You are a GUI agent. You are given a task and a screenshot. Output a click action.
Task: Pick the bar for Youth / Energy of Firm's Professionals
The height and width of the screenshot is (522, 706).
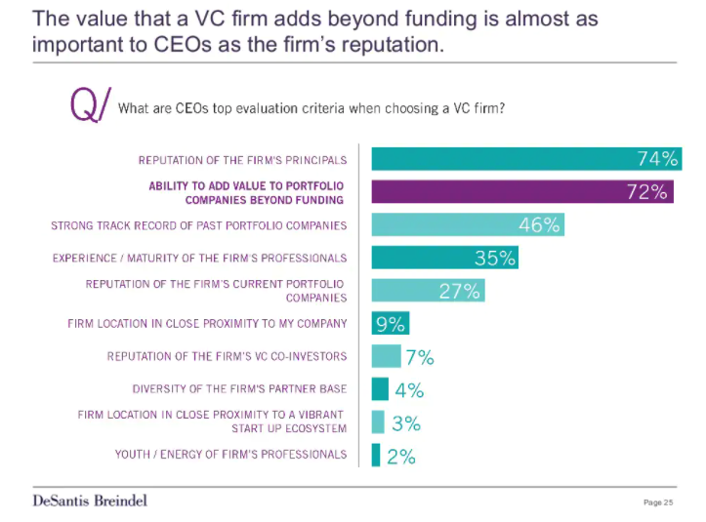tap(376, 455)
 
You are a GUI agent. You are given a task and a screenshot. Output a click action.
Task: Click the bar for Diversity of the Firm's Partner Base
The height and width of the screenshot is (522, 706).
tap(380, 389)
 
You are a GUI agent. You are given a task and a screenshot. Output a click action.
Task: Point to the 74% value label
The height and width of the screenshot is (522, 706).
tap(657, 159)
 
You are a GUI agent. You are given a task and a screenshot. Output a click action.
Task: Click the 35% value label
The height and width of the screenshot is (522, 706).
tap(495, 259)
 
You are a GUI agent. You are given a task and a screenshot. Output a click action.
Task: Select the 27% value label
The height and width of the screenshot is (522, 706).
tap(459, 291)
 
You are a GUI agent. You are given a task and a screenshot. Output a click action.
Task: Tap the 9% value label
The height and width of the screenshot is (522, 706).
tap(391, 324)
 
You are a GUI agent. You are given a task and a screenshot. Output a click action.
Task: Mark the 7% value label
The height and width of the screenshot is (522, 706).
tap(419, 357)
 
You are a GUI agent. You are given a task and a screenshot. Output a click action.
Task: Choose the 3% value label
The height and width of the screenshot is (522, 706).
tap(405, 423)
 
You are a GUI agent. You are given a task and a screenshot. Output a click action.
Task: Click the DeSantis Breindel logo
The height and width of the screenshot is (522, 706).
tap(90, 501)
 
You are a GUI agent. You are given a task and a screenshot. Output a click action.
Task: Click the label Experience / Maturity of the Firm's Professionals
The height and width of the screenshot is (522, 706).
tap(199, 259)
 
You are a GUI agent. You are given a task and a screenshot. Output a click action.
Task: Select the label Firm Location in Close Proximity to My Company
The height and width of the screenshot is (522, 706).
tap(207, 324)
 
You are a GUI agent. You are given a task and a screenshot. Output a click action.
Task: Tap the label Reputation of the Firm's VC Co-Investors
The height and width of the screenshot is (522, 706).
tap(227, 357)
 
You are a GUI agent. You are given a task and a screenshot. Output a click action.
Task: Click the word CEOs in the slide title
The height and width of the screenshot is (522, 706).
tap(178, 45)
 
